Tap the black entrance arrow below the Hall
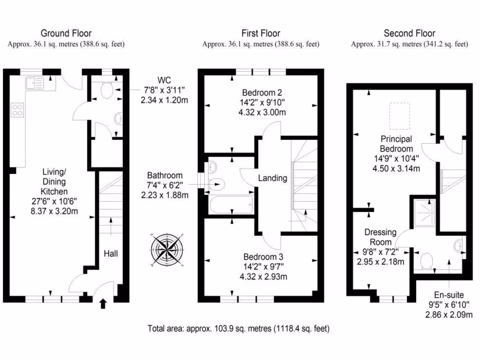click(104, 304)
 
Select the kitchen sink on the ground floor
click(35, 83)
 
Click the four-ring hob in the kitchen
click(18, 110)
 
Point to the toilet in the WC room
click(106, 91)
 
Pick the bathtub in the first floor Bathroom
click(230, 205)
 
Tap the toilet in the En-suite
click(427, 262)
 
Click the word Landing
click(272, 178)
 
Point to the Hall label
click(111, 254)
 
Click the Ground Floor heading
click(66, 33)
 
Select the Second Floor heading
click(409, 33)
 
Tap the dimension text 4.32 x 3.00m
click(262, 112)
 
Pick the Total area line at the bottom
click(239, 329)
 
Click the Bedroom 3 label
click(262, 257)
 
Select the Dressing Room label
click(380, 237)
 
